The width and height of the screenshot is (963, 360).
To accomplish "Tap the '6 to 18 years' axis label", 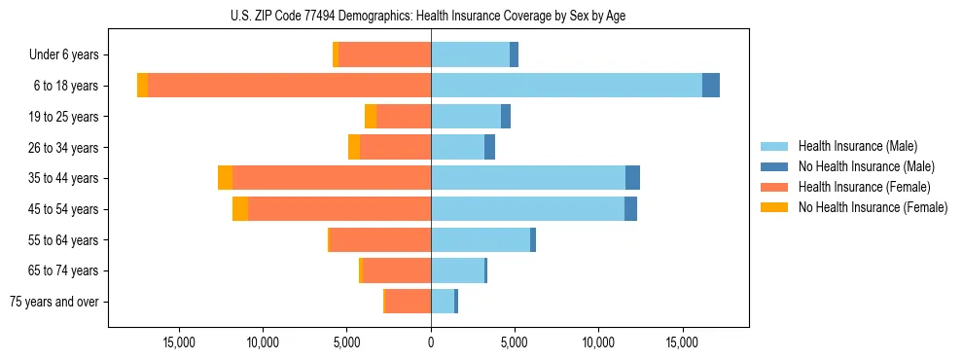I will [x=64, y=86].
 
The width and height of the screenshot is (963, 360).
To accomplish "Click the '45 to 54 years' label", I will [x=63, y=209].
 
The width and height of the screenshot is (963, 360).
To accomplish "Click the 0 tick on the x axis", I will [x=431, y=342].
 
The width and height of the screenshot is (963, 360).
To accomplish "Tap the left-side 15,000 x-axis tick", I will [x=180, y=342].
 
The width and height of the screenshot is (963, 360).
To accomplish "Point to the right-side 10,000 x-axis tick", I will [x=598, y=342].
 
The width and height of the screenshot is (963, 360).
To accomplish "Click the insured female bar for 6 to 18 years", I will [x=289, y=86].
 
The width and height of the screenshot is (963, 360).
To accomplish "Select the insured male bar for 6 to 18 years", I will [x=566, y=86].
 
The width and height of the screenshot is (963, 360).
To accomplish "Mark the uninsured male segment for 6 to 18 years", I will [x=711, y=86].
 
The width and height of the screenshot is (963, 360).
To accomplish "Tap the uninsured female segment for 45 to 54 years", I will [x=240, y=209].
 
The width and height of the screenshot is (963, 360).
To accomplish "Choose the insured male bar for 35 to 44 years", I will [x=528, y=178].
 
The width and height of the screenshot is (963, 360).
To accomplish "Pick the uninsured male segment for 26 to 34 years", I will [x=489, y=147].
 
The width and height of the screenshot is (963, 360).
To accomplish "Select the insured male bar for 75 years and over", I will [x=443, y=302].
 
